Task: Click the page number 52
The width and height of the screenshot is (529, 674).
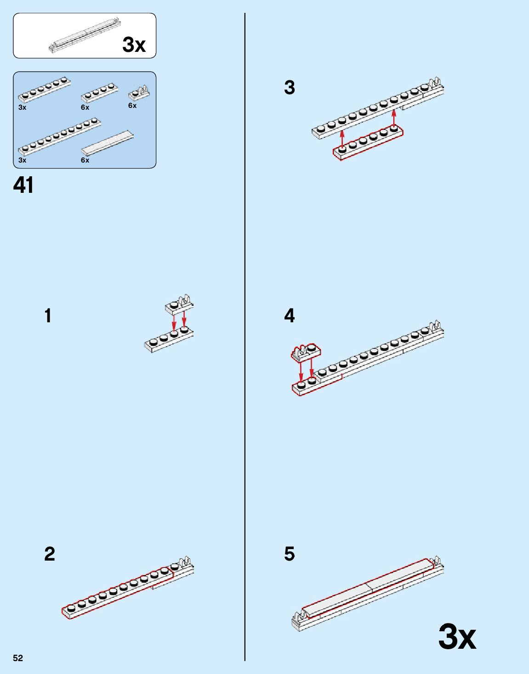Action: click(18, 658)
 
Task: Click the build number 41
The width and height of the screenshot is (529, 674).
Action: click(23, 185)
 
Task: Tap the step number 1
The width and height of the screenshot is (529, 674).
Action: click(48, 316)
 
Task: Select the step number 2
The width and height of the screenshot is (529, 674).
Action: click(50, 554)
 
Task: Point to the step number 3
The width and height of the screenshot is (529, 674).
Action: click(290, 87)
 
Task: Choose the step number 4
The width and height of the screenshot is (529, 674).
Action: click(290, 315)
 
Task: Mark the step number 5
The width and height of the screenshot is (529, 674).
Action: click(290, 554)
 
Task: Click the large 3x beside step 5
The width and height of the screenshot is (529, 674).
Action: click(457, 637)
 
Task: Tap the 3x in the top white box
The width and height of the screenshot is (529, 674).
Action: click(134, 45)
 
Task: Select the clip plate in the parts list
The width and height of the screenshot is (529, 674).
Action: click(138, 93)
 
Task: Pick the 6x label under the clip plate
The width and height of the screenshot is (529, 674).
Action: click(132, 106)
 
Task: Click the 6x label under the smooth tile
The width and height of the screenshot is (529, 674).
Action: click(85, 160)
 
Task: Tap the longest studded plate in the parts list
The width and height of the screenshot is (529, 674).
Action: click(59, 136)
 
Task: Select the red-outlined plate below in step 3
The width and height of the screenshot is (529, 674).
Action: click(368, 143)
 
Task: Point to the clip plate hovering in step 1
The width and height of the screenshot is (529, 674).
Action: click(179, 305)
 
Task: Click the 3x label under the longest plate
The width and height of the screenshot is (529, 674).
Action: click(22, 160)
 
